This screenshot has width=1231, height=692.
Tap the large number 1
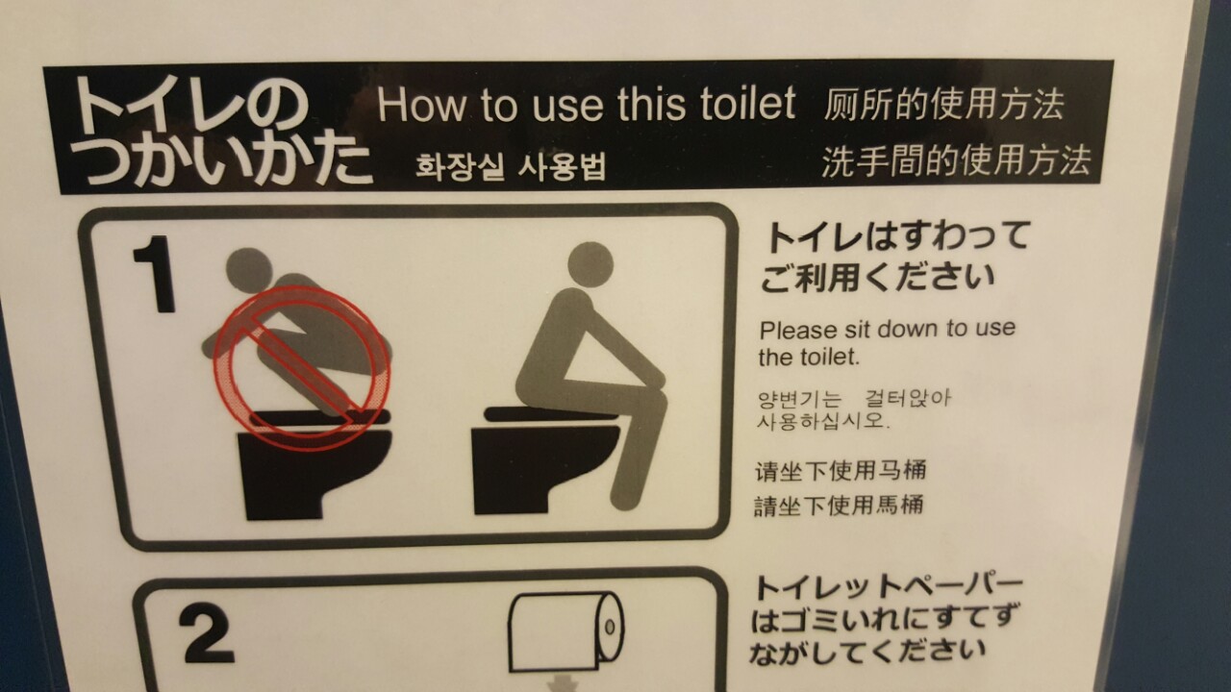point(155,274)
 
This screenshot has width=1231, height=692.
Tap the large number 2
point(206,633)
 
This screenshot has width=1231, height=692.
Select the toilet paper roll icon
point(566,632)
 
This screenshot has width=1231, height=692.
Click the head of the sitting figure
point(590,264)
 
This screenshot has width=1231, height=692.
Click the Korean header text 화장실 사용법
point(511,167)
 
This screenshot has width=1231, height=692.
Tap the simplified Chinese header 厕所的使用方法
point(943,104)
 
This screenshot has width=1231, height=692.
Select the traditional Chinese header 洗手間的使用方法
point(956,161)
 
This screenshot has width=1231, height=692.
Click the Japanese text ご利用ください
point(878,277)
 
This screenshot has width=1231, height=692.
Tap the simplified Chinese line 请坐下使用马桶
point(841,471)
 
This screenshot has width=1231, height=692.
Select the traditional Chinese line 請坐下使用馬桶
point(839,506)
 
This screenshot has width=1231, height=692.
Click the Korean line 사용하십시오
point(822,421)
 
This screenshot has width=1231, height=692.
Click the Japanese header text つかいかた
point(226,161)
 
